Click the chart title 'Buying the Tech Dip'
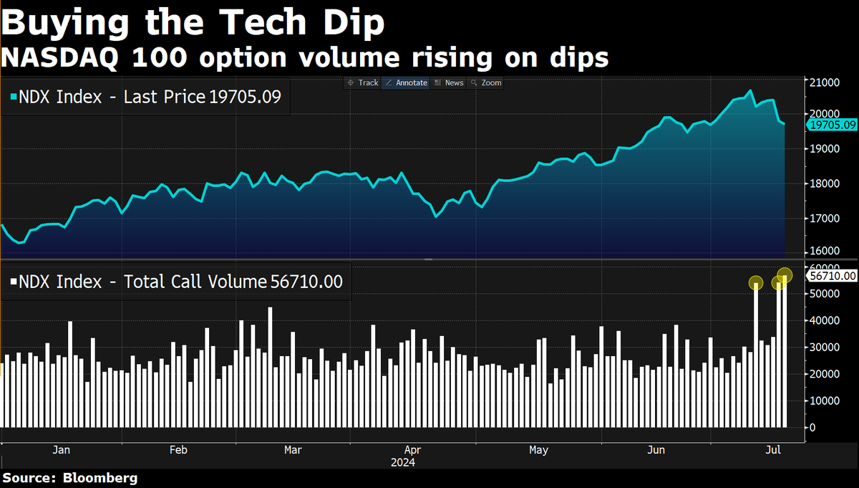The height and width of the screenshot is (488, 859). [x=193, y=24]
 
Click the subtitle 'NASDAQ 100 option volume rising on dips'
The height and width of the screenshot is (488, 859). [x=304, y=57]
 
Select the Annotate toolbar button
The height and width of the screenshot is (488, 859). [x=405, y=82]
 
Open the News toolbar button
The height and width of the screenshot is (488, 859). [x=449, y=82]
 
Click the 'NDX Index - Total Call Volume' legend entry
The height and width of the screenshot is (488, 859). [x=175, y=282]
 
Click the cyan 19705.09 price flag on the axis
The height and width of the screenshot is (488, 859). [x=831, y=125]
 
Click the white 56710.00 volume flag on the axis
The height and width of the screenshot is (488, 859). [x=831, y=275]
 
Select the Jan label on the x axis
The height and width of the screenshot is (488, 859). [x=61, y=450]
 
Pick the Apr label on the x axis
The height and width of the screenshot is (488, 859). [x=411, y=450]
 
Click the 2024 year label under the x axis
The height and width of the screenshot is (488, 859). [x=402, y=463]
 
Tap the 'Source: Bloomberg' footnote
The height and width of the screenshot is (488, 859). [x=69, y=478]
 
